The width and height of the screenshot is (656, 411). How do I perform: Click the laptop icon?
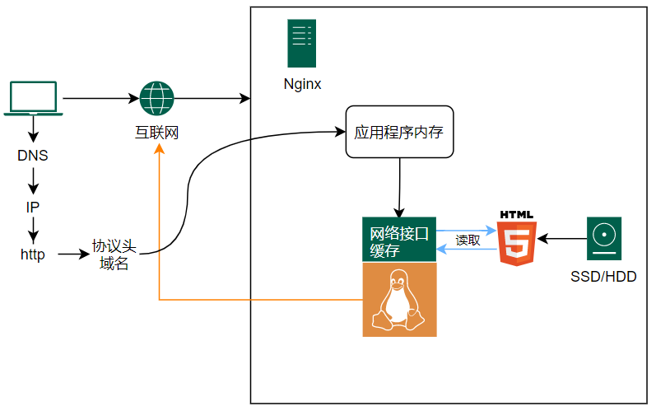pyautogui.click(x=33, y=98)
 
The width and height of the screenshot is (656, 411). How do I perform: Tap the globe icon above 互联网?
pyautogui.click(x=156, y=98)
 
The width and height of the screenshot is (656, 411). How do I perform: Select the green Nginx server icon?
pyautogui.click(x=301, y=44)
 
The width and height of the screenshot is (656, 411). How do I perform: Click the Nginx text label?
pyautogui.click(x=302, y=83)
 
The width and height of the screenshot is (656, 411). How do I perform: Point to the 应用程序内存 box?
pyautogui.click(x=399, y=132)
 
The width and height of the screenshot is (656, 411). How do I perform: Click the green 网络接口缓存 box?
pyautogui.click(x=399, y=241)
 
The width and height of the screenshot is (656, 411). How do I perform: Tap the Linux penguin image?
pyautogui.click(x=399, y=300)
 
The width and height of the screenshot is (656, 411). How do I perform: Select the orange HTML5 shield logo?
pyautogui.click(x=517, y=239)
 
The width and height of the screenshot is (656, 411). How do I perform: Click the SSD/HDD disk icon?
pyautogui.click(x=603, y=239)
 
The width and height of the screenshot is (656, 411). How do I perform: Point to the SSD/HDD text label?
pyautogui.click(x=603, y=277)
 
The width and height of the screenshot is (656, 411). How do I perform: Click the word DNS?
pyautogui.click(x=33, y=156)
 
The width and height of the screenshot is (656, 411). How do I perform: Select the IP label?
pyautogui.click(x=33, y=206)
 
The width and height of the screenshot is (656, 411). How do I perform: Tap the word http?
pyautogui.click(x=33, y=255)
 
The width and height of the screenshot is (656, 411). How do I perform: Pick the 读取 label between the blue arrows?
pyautogui.click(x=468, y=241)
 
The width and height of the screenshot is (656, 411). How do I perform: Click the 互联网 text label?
pyautogui.click(x=156, y=132)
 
